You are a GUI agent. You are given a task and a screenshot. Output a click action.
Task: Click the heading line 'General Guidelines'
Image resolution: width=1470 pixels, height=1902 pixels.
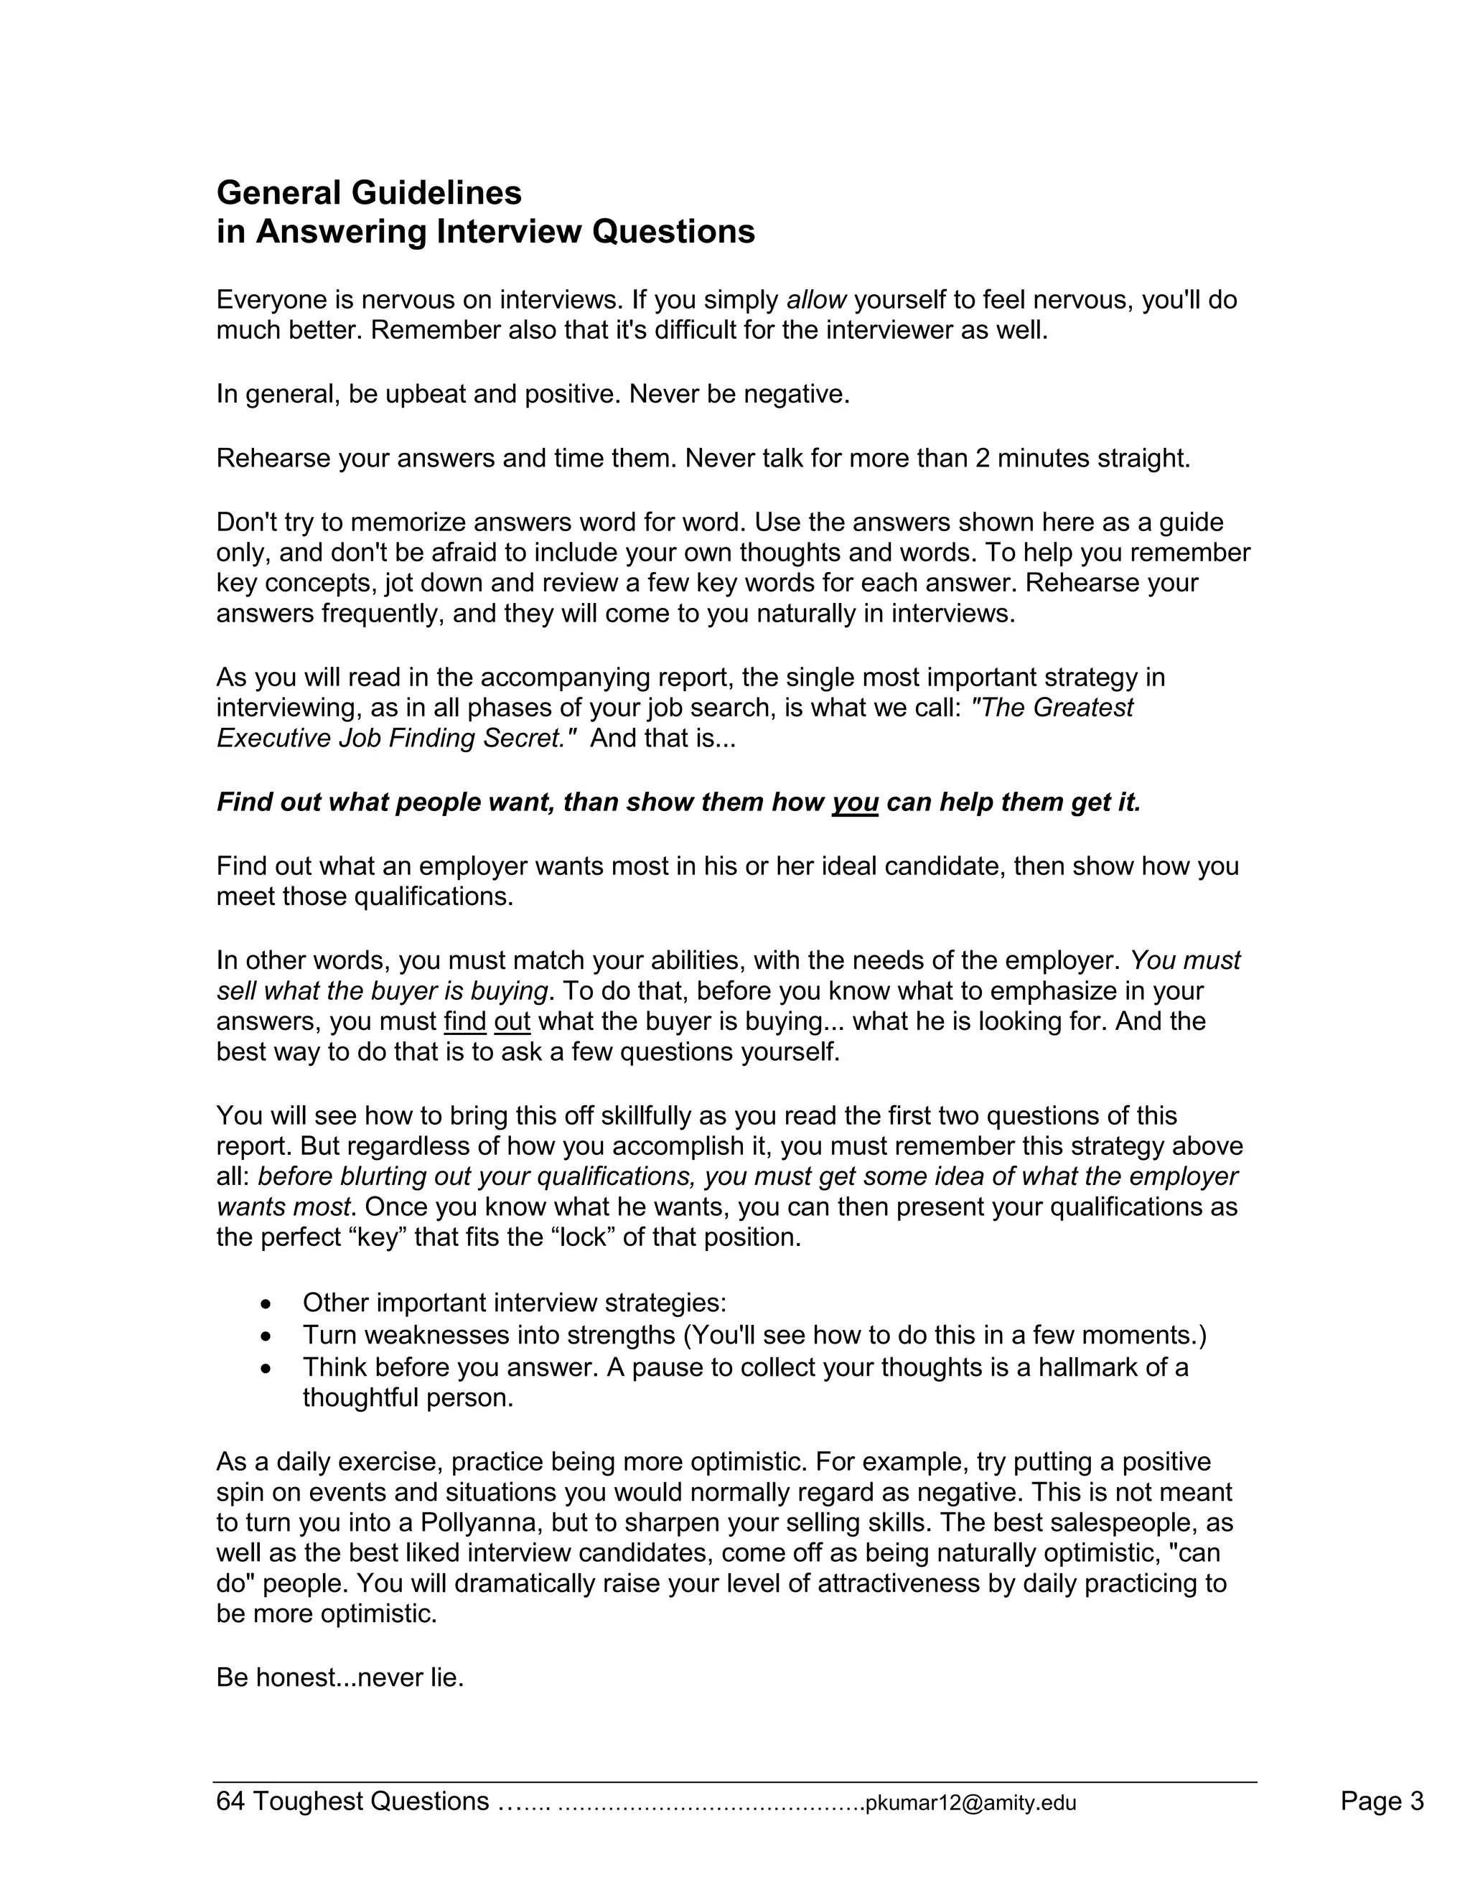coord(368,192)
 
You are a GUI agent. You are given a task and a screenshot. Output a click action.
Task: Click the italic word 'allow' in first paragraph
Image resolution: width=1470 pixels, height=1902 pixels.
coord(816,301)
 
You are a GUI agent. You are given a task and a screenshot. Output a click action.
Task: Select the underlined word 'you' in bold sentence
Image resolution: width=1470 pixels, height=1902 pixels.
coord(854,802)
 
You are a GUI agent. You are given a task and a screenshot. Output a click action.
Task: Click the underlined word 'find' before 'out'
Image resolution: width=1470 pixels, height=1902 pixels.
coord(465,1021)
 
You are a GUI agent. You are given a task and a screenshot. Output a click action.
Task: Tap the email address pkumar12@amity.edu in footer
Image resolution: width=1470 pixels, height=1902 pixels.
coord(971,1803)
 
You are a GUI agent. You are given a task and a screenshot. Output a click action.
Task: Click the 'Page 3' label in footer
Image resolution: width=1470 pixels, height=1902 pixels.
coord(1381,1801)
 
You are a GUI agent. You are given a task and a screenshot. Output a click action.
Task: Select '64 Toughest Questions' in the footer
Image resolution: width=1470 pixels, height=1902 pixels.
coord(352,1801)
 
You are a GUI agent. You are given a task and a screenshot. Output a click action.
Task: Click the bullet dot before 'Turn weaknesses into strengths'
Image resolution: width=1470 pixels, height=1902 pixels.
coord(266,1336)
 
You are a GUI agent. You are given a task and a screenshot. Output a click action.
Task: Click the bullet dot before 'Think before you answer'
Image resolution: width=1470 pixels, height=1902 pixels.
coord(266,1368)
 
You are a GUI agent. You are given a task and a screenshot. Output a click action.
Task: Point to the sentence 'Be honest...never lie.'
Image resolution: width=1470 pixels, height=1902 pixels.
coord(340,1677)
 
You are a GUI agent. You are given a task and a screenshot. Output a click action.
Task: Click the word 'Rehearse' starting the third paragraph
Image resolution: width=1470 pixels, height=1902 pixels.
coord(273,458)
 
